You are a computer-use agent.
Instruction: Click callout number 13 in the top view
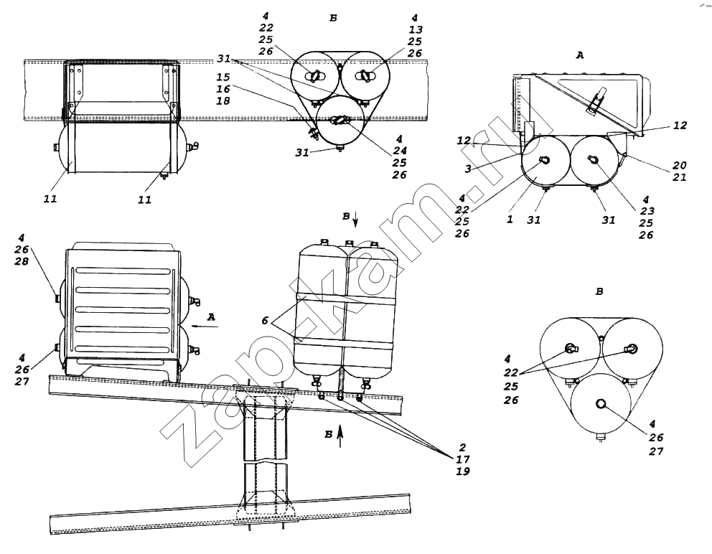(x=415, y=29)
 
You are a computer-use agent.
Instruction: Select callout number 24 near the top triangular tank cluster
(x=400, y=151)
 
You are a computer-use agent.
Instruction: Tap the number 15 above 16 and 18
(x=223, y=78)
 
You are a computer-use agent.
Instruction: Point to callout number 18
(x=223, y=100)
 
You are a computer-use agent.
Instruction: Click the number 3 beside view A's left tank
(x=468, y=169)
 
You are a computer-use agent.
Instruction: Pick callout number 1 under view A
(x=510, y=220)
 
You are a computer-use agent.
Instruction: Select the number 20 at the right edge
(x=679, y=165)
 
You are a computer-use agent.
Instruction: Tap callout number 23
(x=647, y=211)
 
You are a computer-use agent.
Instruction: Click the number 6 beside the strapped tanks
(x=265, y=321)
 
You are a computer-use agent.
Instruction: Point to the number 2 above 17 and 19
(x=463, y=447)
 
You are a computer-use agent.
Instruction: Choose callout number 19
(x=463, y=471)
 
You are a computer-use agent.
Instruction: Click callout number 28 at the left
(x=22, y=261)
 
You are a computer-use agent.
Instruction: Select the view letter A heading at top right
(x=580, y=55)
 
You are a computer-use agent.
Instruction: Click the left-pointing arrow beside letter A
(x=205, y=326)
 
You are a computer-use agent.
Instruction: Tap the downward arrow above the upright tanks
(x=355, y=220)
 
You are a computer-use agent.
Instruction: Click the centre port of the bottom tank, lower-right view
(x=601, y=403)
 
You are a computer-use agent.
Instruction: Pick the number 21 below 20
(x=679, y=177)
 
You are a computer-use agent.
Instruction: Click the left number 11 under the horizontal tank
(x=50, y=199)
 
